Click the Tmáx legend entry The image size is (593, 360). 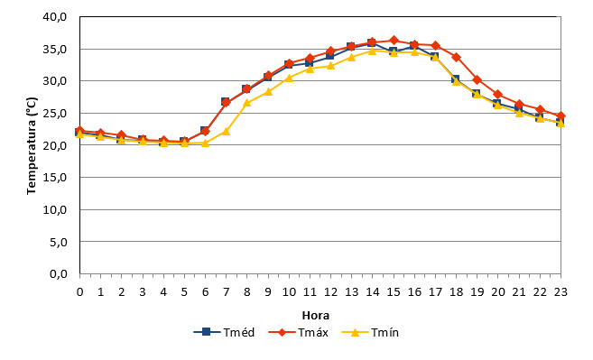tap(299, 332)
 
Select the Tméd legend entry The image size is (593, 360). tap(224, 332)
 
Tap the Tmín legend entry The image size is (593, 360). tap(370, 332)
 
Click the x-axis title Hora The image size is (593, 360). tap(315, 315)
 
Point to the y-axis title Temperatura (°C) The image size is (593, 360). tap(32, 146)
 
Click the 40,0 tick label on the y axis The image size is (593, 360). tap(55, 17)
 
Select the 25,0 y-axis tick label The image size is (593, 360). tap(55, 113)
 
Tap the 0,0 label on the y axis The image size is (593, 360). tap(59, 273)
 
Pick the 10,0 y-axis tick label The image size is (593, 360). tap(55, 209)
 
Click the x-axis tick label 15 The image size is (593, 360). tap(394, 292)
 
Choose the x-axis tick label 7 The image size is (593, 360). tap(227, 292)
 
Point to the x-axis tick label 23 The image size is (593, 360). tap(561, 292)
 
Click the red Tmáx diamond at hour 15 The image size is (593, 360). tap(394, 40)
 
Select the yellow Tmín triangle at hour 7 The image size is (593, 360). tap(227, 131)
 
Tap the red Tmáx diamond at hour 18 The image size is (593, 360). tap(456, 58)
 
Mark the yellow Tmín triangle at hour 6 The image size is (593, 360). tap(206, 143)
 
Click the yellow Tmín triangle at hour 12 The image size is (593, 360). tap(331, 66)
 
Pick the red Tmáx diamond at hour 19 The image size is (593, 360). tap(477, 79)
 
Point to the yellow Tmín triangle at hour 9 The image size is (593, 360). tap(268, 91)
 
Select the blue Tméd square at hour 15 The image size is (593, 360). tap(394, 51)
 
